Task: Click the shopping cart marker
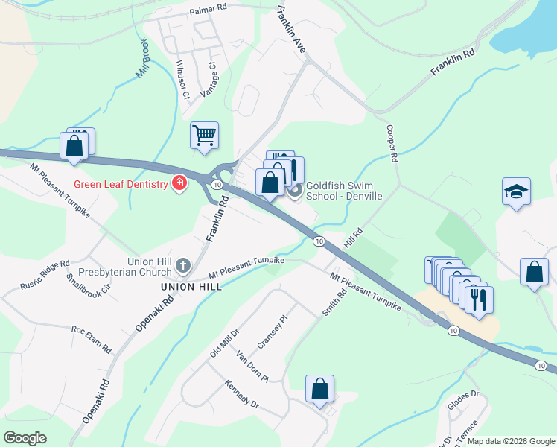click(x=204, y=136)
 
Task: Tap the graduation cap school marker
click(x=516, y=191)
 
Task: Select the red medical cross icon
click(x=179, y=183)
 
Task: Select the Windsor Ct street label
click(x=181, y=80)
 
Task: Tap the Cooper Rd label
click(x=392, y=142)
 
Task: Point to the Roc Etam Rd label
click(x=91, y=339)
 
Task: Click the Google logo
click(x=25, y=438)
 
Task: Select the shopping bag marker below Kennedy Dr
click(x=319, y=389)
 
